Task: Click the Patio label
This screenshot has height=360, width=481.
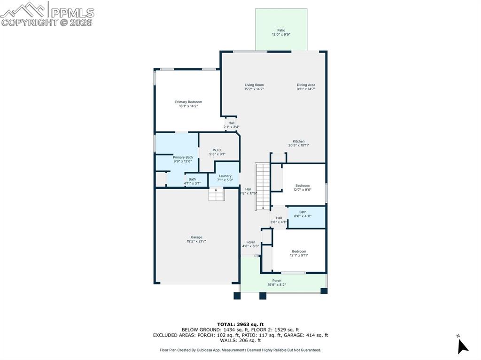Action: [281, 31]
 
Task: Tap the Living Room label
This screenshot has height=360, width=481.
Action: [254, 85]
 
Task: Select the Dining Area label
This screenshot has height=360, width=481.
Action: [306, 85]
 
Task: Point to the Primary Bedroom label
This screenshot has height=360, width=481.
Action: [188, 102]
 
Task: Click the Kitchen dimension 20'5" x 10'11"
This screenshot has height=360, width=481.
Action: [299, 146]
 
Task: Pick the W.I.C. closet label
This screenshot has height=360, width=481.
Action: [217, 150]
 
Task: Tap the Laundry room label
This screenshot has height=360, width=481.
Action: [225, 176]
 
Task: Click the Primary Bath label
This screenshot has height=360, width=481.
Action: [183, 157]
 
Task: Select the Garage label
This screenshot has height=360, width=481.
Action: [196, 237]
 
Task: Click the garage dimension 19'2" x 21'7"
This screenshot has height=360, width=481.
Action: [196, 241]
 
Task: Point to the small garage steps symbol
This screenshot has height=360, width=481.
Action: [216, 194]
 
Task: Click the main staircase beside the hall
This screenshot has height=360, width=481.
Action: [262, 187]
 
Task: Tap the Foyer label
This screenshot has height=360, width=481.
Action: [251, 242]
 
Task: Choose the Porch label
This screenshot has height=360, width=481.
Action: [277, 281]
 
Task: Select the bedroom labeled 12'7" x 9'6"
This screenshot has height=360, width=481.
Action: [303, 187]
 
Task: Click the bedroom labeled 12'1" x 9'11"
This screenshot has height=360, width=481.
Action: [299, 253]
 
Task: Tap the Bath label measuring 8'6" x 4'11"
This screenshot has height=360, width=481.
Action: [303, 214]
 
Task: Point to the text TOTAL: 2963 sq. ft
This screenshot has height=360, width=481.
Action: [240, 324]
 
